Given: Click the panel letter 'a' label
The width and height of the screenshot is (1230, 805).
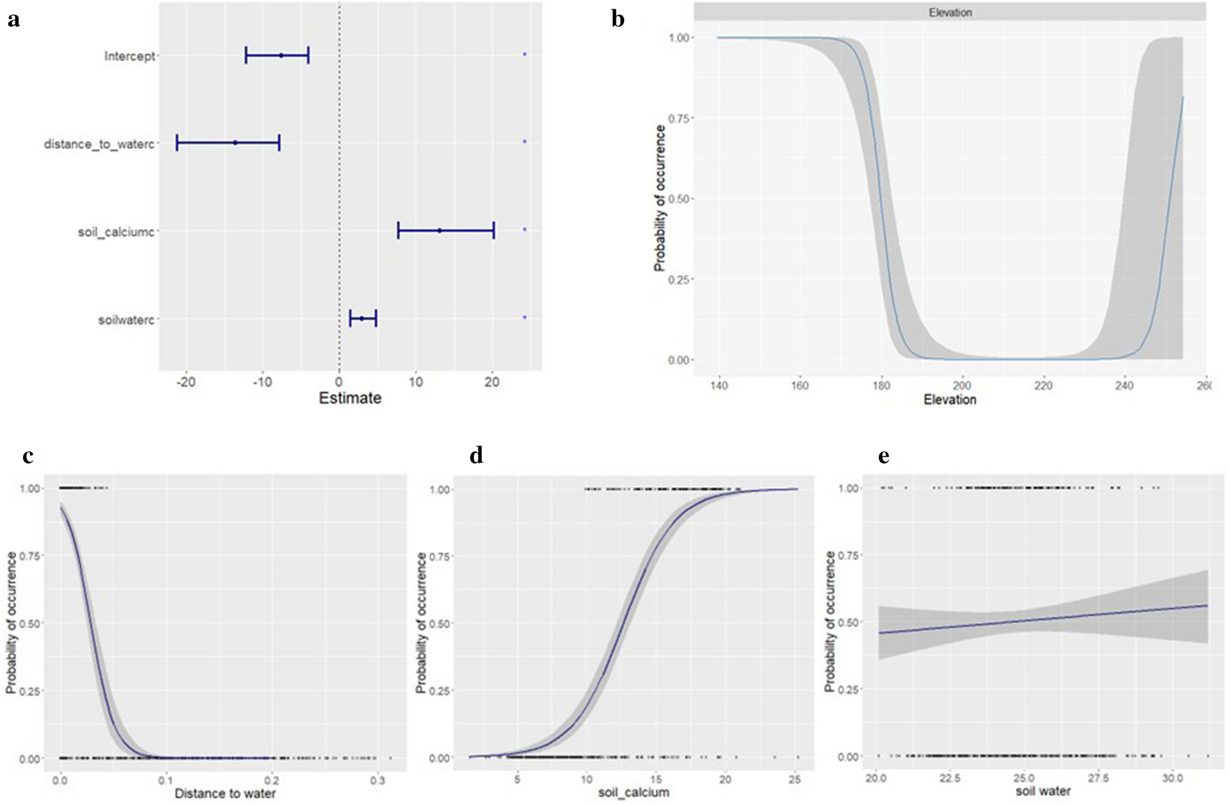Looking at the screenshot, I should (14, 20).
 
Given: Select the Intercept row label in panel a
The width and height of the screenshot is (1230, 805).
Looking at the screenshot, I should (129, 56).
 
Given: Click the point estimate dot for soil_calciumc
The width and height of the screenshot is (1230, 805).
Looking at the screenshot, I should (440, 231).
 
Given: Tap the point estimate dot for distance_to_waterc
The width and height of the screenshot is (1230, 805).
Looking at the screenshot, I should (235, 143).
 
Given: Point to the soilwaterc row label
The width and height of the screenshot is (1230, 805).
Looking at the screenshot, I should (126, 320).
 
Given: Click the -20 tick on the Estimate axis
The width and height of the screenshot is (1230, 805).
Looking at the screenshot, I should (185, 383).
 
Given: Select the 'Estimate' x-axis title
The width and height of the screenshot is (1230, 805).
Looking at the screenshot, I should (350, 398).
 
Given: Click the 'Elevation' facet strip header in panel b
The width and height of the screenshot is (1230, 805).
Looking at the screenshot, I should (950, 12).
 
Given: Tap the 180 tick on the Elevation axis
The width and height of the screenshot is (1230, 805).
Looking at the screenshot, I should (881, 386).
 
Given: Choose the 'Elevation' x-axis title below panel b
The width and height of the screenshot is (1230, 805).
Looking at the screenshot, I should (950, 400).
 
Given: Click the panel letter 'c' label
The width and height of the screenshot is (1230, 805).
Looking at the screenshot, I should (27, 456).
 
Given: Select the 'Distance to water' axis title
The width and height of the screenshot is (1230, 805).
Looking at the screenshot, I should (225, 793).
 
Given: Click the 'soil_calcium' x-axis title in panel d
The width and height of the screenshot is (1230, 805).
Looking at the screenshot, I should (633, 793).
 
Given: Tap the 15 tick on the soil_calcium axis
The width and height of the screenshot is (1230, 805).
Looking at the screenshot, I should (656, 780).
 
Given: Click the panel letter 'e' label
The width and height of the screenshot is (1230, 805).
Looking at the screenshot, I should (883, 456).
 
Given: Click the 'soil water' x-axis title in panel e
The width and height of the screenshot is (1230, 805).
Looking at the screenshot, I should (1043, 791).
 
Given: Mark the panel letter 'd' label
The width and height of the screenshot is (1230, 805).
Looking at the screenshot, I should (476, 456).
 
